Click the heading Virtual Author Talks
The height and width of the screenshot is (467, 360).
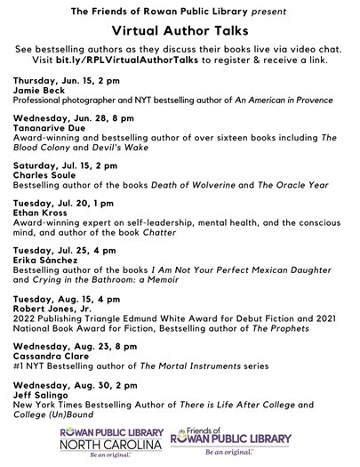point(180,29)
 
